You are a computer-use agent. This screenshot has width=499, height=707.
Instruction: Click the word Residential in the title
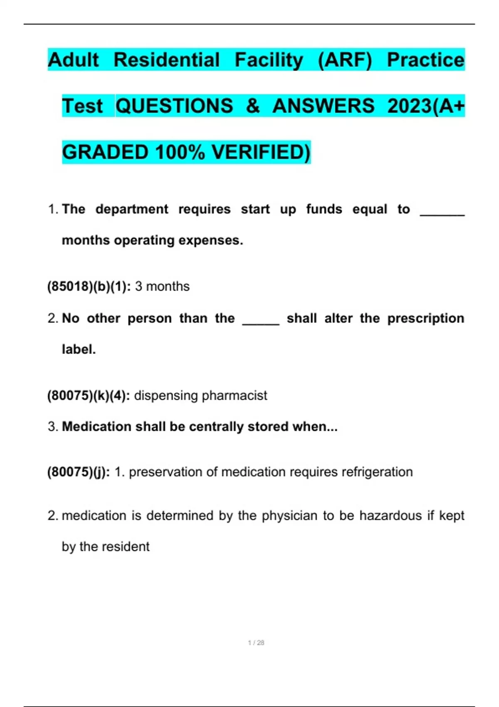pyautogui.click(x=166, y=60)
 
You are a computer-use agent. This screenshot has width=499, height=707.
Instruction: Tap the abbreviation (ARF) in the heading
pyautogui.click(x=345, y=60)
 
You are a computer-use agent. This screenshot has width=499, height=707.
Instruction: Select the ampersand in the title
pyautogui.click(x=252, y=106)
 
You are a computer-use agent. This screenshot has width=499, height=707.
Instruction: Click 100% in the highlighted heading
pyautogui.click(x=180, y=152)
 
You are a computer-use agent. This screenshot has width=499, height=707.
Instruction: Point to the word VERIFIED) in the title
pyautogui.click(x=261, y=152)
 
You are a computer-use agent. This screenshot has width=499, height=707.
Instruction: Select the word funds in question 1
pyautogui.click(x=324, y=209)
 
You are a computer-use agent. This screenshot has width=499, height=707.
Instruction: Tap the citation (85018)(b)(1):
pyautogui.click(x=89, y=287)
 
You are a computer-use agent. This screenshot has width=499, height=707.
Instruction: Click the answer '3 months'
pyautogui.click(x=162, y=287)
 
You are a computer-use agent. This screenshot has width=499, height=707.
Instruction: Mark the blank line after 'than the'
pyautogui.click(x=261, y=322)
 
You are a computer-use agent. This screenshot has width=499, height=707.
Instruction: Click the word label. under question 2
pyautogui.click(x=79, y=349)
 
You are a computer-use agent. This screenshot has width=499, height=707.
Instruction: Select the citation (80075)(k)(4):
pyautogui.click(x=89, y=396)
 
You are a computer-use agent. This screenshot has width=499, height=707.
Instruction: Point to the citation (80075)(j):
pyautogui.click(x=79, y=472)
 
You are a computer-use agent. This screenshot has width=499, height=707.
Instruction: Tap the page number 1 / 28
pyautogui.click(x=256, y=643)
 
